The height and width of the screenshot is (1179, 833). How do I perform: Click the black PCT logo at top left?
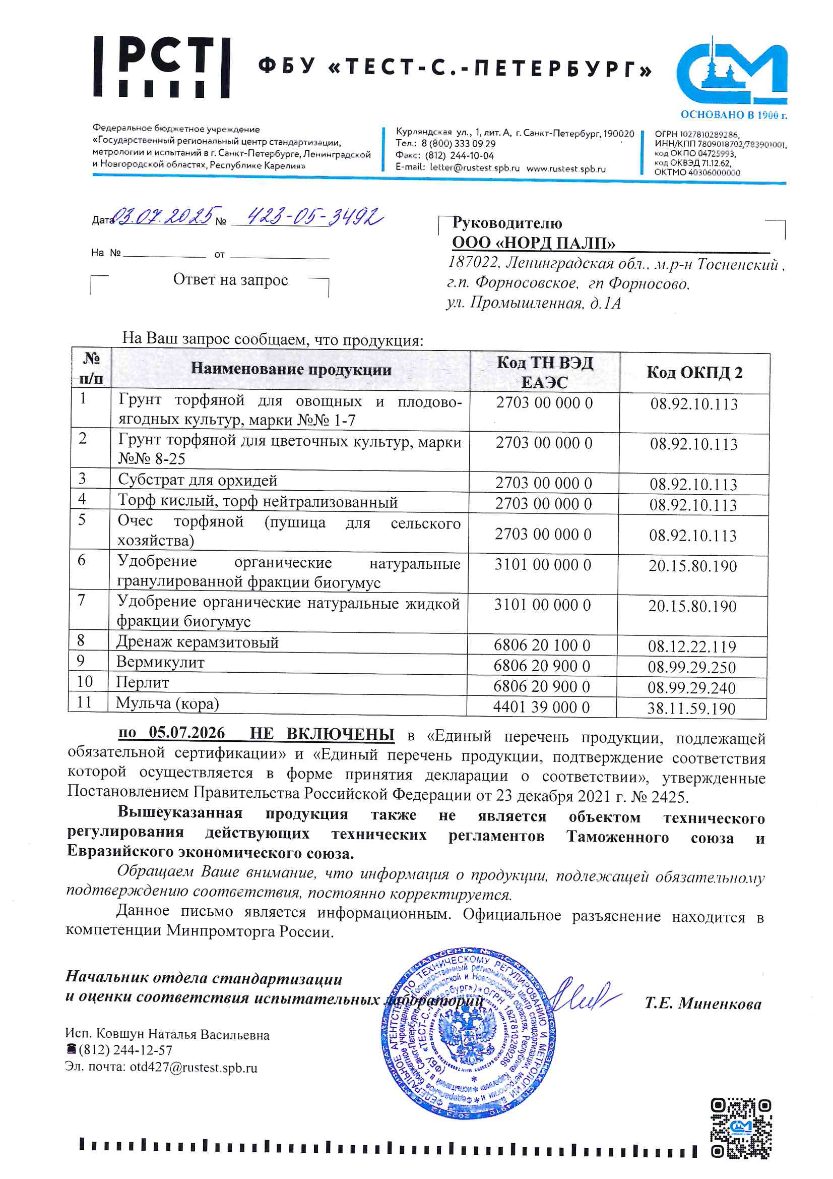click(x=161, y=67)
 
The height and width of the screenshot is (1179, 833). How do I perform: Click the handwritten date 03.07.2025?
click(x=164, y=217)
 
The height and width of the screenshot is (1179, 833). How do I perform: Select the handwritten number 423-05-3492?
click(x=313, y=218)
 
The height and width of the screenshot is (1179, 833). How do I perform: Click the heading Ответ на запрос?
click(x=230, y=280)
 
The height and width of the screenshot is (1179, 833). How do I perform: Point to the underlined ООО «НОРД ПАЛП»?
click(x=533, y=243)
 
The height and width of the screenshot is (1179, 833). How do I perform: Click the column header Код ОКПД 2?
click(x=694, y=373)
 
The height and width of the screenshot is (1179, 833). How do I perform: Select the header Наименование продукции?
click(x=290, y=369)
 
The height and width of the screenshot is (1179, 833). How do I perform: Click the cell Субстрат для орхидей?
click(x=198, y=480)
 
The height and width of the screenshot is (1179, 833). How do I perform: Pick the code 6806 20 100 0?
click(x=542, y=645)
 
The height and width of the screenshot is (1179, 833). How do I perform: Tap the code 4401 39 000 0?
click(x=542, y=707)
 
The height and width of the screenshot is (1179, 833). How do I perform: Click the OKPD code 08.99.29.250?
click(x=691, y=667)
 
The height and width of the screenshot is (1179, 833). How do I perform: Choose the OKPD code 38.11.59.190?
click(x=691, y=709)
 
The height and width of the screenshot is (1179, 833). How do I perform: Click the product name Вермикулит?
click(x=160, y=663)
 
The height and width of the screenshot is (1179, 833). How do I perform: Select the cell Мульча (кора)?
click(x=167, y=703)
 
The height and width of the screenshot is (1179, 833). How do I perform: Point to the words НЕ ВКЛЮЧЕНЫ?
click(x=322, y=734)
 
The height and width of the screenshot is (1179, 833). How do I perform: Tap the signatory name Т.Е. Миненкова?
click(x=702, y=1004)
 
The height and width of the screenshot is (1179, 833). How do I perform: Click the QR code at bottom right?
click(x=741, y=1128)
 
